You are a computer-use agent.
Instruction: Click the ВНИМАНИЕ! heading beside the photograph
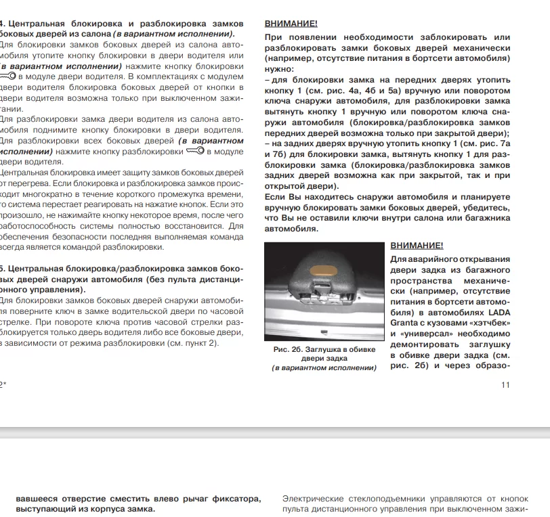tap(417, 245)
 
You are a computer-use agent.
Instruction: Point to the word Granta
tap(406, 323)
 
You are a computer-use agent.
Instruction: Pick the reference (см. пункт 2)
tap(190, 344)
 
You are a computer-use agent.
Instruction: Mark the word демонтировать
tap(425, 344)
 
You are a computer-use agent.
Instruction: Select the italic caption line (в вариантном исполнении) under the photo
tap(324, 368)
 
